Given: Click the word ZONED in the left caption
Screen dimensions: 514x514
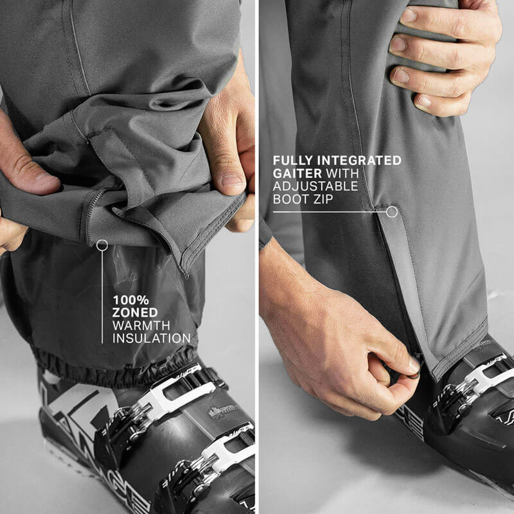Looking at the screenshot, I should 136,312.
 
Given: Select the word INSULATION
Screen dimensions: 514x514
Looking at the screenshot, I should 152,338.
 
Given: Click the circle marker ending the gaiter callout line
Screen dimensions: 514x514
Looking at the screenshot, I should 392,211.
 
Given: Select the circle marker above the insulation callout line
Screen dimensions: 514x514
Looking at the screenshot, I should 102,245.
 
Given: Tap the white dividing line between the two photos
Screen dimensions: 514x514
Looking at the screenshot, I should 257,257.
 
